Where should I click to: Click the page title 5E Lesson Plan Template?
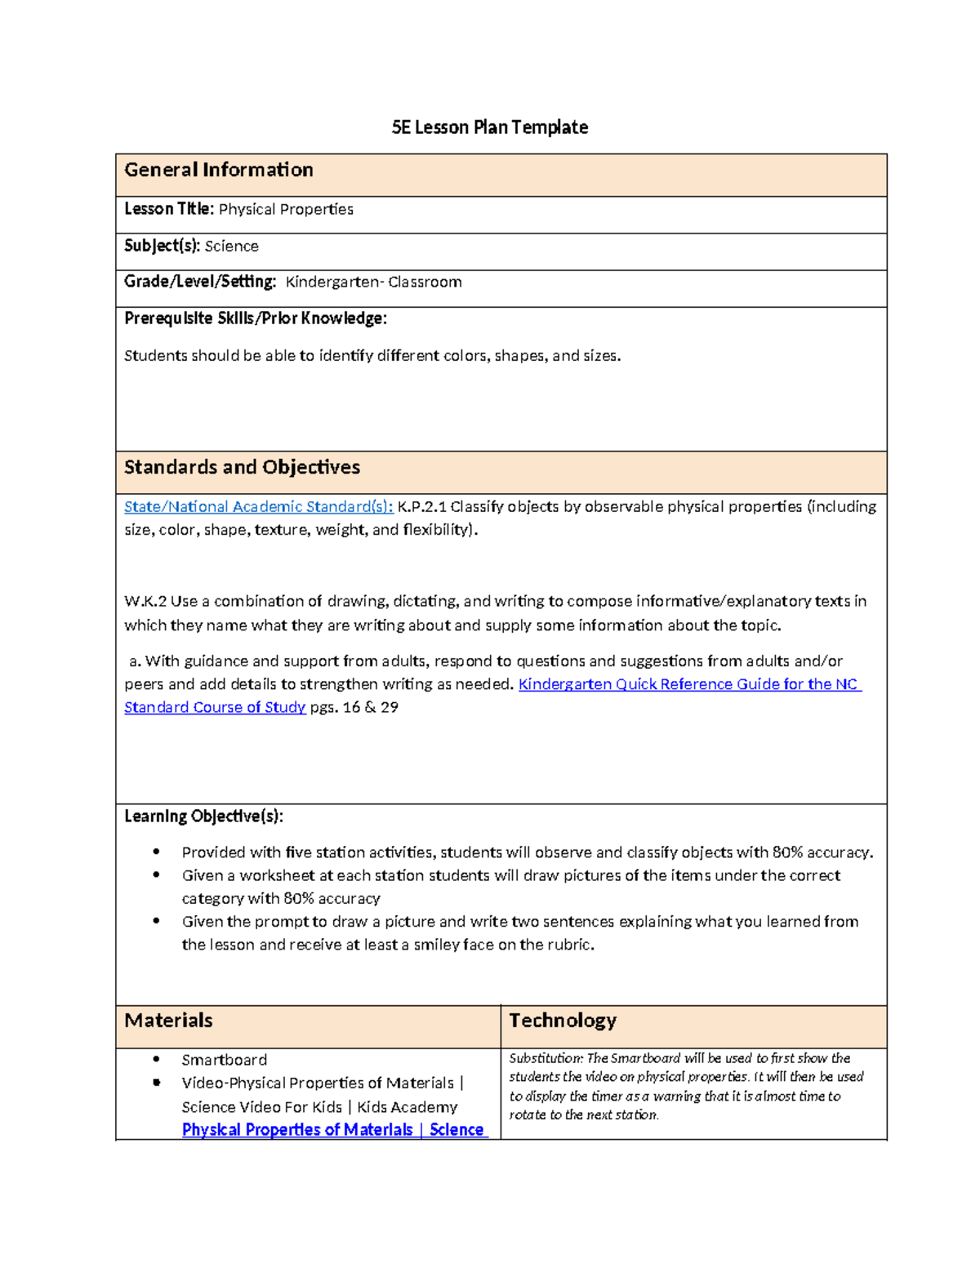tap(489, 127)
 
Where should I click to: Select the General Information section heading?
tap(218, 170)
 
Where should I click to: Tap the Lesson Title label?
tap(168, 209)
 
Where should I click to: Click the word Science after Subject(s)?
tap(231, 246)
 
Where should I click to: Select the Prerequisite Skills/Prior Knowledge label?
tap(255, 318)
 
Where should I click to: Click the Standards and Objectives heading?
tap(242, 467)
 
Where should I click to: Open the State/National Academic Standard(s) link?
tap(258, 506)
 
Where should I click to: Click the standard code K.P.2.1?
tap(421, 506)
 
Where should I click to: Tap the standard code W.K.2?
tap(145, 601)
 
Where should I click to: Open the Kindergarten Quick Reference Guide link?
tap(688, 684)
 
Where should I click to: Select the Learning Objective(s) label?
tap(203, 816)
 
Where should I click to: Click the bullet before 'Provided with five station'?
tap(156, 852)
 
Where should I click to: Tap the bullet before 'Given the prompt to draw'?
tap(156, 921)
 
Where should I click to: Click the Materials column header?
tap(168, 1021)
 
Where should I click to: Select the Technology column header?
tap(563, 1021)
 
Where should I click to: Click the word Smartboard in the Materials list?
tap(224, 1060)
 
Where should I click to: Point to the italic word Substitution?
tap(546, 1058)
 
